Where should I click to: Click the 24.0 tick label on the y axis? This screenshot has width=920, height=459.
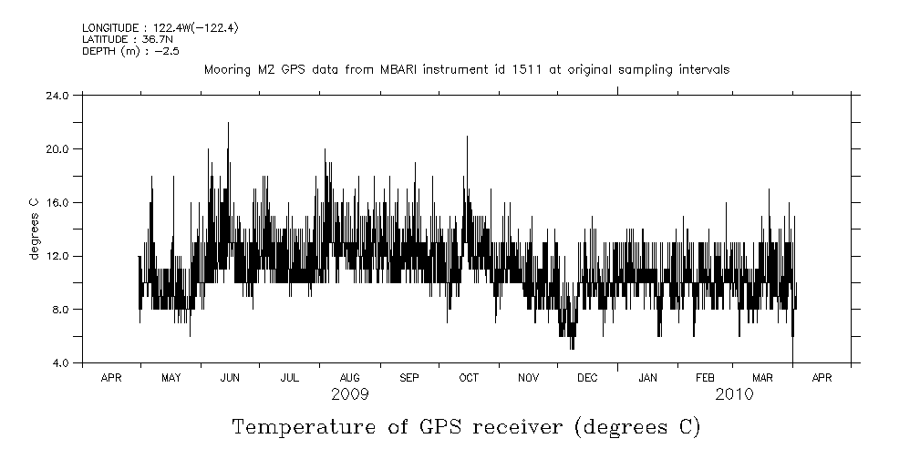coord(58,95)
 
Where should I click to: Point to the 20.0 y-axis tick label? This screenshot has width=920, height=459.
coord(58,148)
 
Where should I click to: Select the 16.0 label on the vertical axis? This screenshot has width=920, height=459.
coord(58,202)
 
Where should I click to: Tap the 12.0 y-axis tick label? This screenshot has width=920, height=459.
coord(58,256)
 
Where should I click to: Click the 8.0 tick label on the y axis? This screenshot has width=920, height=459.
coord(61,310)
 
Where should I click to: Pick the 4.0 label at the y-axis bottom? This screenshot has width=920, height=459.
coord(61,363)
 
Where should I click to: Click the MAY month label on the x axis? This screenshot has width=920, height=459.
coord(171,377)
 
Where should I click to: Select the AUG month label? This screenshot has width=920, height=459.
coord(349,377)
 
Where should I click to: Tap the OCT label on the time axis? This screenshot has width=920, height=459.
coord(469,377)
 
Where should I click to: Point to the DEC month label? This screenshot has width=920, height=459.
coord(588,377)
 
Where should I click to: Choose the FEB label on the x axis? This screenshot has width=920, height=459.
coord(706,377)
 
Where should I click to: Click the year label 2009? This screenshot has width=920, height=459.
coord(350,394)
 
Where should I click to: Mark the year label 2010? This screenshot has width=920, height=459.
coord(734,394)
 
